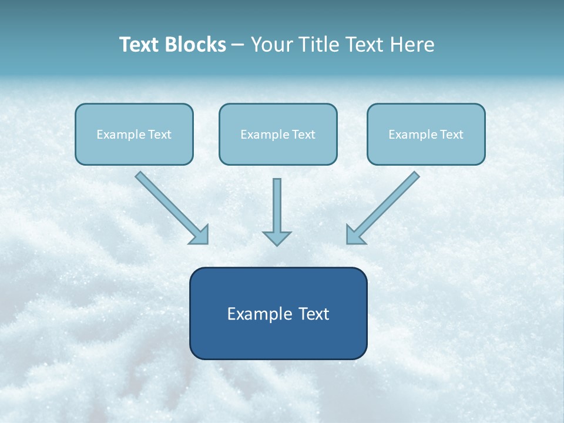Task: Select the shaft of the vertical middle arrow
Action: point(277,203)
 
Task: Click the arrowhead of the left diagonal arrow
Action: point(200,234)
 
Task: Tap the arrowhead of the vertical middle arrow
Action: point(277,238)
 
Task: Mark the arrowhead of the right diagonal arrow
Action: point(355,234)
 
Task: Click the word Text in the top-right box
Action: point(451,135)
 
